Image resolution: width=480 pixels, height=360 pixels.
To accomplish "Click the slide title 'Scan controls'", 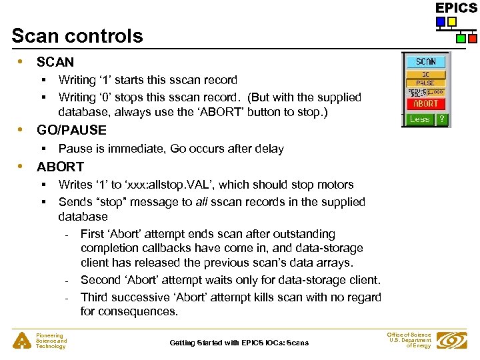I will click(77, 35).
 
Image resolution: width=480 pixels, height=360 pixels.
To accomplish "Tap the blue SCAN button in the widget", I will click(426, 61).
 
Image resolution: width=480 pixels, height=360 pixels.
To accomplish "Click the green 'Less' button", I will click(419, 119).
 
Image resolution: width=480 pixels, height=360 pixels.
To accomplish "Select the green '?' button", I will click(441, 119).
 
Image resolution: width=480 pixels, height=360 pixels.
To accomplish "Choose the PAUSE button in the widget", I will click(425, 83).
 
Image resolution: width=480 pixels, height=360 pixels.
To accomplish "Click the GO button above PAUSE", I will click(425, 75).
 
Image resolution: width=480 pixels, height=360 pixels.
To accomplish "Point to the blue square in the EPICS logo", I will click(441, 21).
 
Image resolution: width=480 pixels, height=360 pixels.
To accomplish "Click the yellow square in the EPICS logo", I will click(452, 21).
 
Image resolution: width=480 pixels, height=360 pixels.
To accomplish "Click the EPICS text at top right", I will click(456, 7).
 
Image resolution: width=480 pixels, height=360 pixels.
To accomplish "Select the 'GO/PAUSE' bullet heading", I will click(71, 130).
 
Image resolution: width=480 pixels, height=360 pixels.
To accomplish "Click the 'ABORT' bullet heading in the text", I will click(60, 167).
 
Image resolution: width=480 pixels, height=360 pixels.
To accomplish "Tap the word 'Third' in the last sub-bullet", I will click(95, 297).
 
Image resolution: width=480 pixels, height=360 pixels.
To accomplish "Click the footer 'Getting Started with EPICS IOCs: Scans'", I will click(239, 343).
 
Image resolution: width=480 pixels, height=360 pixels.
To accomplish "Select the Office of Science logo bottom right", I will click(451, 341).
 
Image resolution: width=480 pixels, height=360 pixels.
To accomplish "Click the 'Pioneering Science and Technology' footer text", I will click(51, 341).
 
